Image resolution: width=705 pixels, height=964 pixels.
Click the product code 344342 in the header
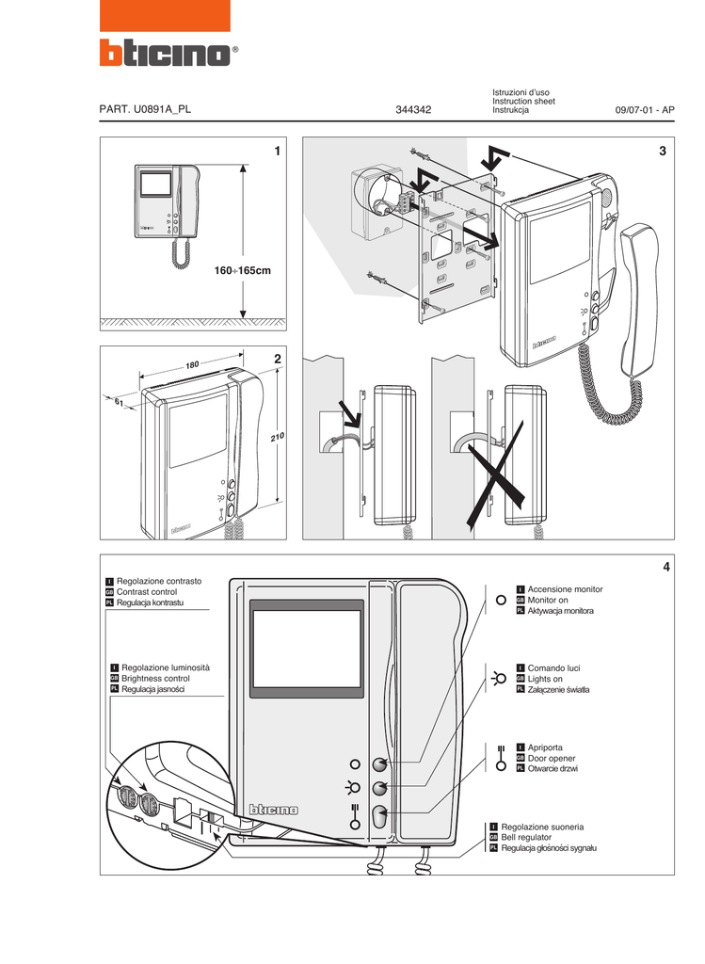(413, 110)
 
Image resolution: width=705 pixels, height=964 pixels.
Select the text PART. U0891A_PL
(145, 110)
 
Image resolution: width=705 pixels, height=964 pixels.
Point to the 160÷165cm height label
(242, 271)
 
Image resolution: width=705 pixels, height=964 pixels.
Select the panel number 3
(663, 152)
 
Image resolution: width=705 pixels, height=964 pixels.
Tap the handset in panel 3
(639, 301)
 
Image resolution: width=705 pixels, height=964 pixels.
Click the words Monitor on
(548, 600)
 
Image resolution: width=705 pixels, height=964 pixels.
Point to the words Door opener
(552, 758)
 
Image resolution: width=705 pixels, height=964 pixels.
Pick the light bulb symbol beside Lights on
(495, 678)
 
